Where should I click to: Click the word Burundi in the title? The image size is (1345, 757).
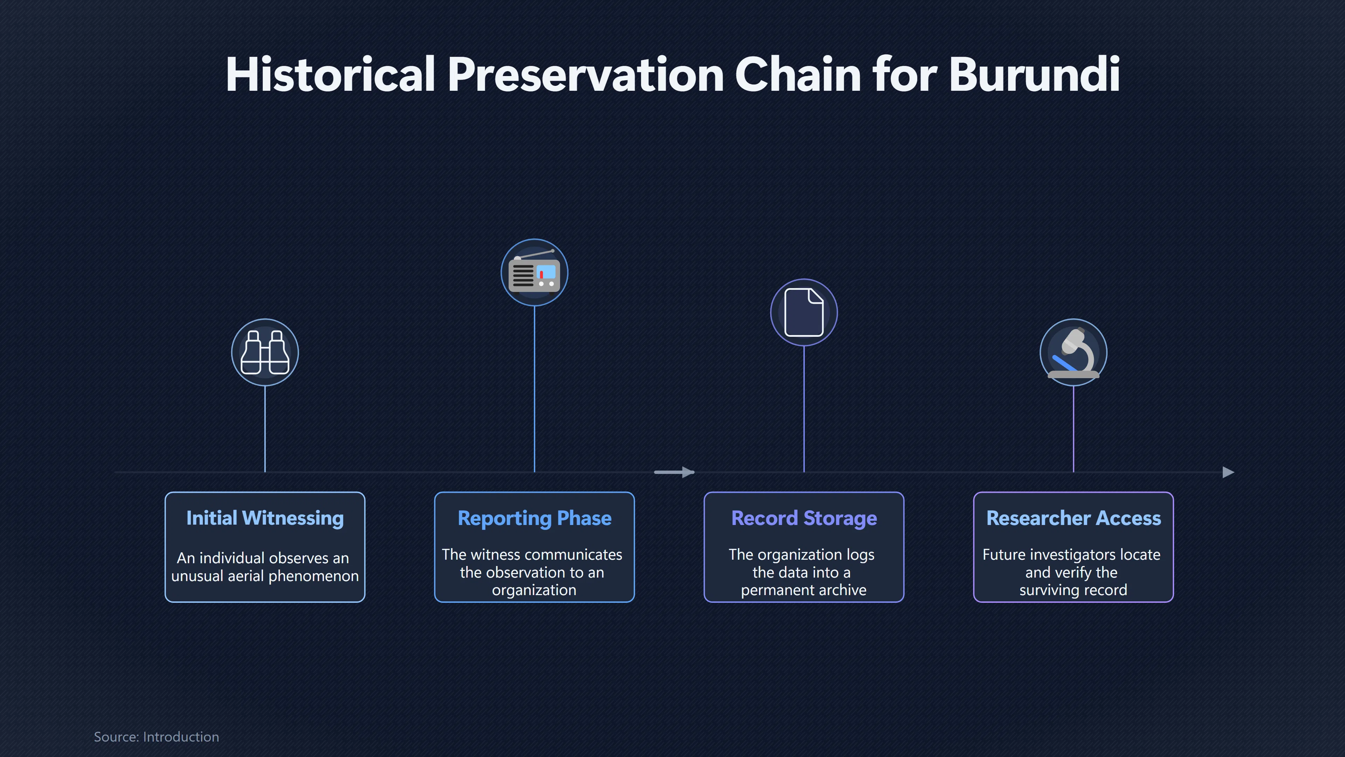click(x=1034, y=74)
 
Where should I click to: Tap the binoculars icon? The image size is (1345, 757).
click(x=265, y=352)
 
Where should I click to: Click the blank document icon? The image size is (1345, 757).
click(x=803, y=312)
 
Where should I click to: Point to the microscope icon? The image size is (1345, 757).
click(x=1074, y=352)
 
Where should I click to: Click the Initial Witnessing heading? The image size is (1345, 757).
click(x=265, y=518)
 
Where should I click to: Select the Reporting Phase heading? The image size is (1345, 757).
click(x=534, y=518)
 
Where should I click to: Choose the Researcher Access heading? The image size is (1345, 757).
click(x=1074, y=518)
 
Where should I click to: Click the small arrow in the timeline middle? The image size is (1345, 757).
click(x=674, y=472)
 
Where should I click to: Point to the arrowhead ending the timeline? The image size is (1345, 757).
click(x=1229, y=472)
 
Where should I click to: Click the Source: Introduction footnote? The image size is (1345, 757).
click(x=156, y=737)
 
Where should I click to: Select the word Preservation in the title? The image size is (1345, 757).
click(x=586, y=74)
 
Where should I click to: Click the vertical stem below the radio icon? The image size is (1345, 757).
click(x=534, y=389)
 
